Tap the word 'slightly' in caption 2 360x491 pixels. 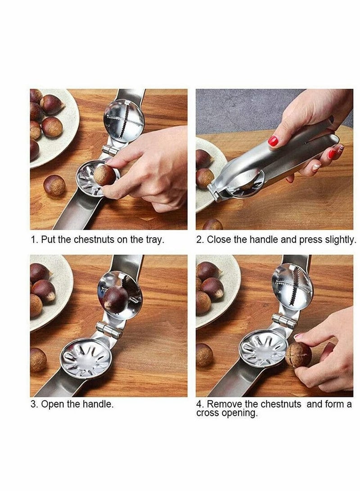pyautogui.click(x=340, y=239)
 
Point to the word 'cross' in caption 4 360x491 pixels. pyautogui.click(x=208, y=413)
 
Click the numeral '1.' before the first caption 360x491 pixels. pyautogui.click(x=34, y=239)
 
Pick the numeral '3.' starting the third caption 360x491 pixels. pyautogui.click(x=34, y=404)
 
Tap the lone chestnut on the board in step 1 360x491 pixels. pyautogui.click(x=54, y=185)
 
